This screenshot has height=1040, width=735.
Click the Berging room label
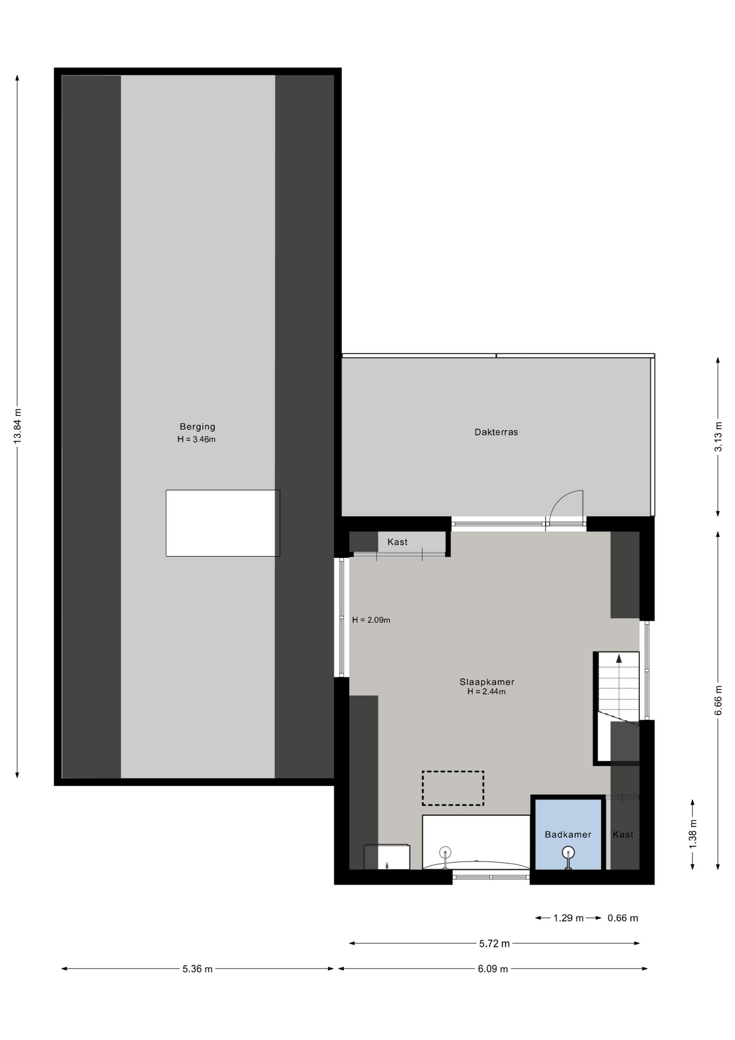[198, 427]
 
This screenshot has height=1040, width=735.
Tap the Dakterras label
[496, 432]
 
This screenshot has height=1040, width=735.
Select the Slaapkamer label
[487, 682]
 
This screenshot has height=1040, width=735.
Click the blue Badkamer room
[568, 834]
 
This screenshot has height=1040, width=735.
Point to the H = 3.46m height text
[196, 439]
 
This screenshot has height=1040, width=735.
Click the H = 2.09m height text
[371, 620]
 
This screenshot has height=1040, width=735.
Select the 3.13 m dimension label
[718, 437]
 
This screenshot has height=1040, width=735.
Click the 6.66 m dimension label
[718, 700]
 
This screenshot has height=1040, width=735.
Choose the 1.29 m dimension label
[568, 918]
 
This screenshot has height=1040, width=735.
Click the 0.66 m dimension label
[623, 918]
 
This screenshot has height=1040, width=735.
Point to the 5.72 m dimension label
[494, 944]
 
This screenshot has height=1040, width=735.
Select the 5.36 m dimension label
[198, 969]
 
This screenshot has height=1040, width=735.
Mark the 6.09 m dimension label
[493, 969]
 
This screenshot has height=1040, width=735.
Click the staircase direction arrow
[619, 659]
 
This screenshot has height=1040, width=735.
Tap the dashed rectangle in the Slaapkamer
[453, 788]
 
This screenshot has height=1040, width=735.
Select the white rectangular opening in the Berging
[223, 523]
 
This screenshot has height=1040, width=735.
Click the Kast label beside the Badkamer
[623, 835]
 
